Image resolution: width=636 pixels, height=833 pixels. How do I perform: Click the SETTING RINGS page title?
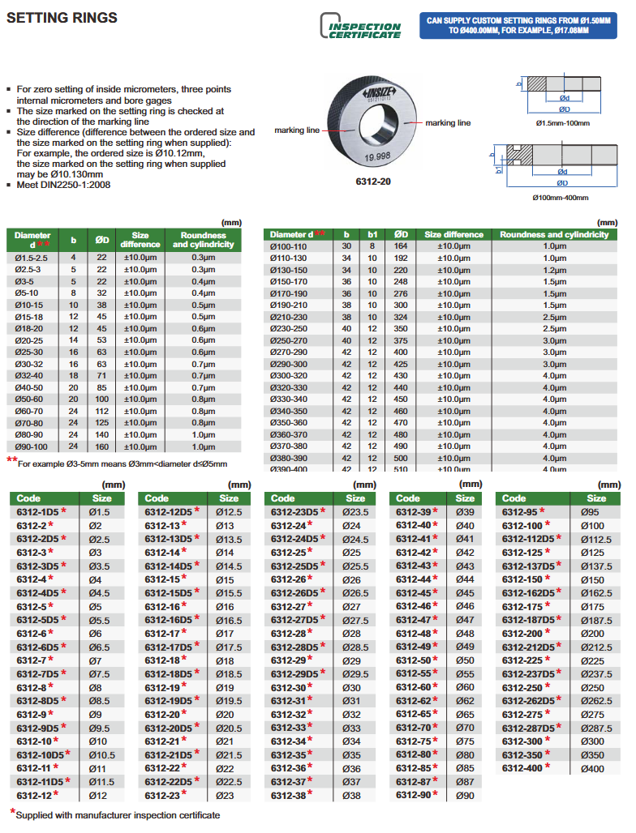(x=62, y=17)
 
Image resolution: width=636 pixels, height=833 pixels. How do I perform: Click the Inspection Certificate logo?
(x=362, y=27)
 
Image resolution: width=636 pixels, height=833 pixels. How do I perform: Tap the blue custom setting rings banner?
(x=518, y=26)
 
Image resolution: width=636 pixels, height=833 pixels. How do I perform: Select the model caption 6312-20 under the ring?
(x=374, y=182)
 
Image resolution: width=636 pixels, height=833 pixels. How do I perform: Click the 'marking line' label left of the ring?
(x=296, y=130)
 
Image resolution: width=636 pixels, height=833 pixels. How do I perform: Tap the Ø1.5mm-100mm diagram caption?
(x=562, y=123)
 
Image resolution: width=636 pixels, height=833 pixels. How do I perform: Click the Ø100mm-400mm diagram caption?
(x=561, y=198)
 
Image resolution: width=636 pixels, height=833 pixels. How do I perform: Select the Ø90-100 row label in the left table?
(x=32, y=446)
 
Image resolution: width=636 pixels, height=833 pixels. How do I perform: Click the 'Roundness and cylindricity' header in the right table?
(x=554, y=234)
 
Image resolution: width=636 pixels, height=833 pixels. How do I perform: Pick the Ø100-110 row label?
(x=289, y=246)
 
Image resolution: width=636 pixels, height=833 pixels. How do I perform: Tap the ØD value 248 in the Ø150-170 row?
(x=400, y=281)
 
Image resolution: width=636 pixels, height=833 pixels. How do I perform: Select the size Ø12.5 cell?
(x=229, y=512)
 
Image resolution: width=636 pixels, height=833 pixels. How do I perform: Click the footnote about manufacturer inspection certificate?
(x=117, y=815)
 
